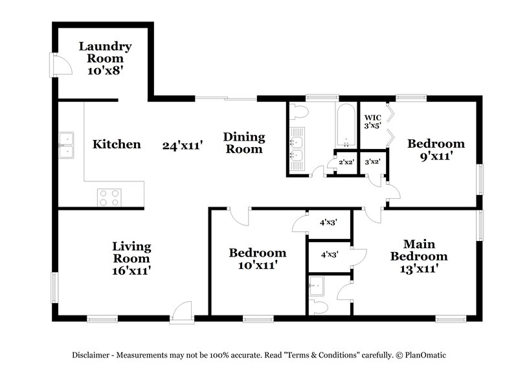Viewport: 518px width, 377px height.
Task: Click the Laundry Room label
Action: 106,58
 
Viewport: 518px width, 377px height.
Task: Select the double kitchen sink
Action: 66,146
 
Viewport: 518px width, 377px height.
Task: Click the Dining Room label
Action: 244,143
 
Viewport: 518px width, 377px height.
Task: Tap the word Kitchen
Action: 117,144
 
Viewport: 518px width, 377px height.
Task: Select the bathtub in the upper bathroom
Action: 345,126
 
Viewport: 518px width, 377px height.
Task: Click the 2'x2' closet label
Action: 344,163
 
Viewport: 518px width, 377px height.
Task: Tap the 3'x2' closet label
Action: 372,163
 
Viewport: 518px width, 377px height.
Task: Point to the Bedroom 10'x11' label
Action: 257,258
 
